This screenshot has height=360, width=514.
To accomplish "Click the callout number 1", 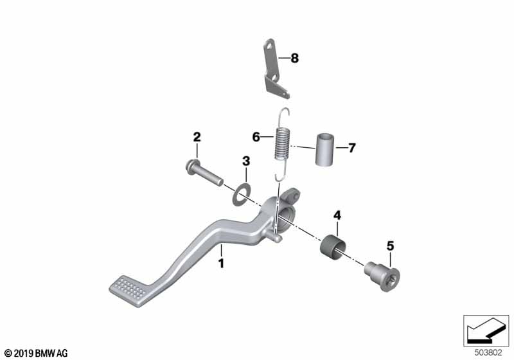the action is (221, 263).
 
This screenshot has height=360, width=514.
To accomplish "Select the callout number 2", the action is (197, 137).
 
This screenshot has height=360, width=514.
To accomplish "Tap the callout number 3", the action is (246, 161).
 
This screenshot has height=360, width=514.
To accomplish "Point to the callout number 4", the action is (337, 215).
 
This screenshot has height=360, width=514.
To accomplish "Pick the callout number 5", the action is (390, 246).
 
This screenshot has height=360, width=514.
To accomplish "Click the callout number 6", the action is (256, 137).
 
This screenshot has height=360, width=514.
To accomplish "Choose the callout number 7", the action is (351, 148).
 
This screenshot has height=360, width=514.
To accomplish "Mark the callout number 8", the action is (295, 59).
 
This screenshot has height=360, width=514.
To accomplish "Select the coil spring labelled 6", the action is (281, 144).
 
